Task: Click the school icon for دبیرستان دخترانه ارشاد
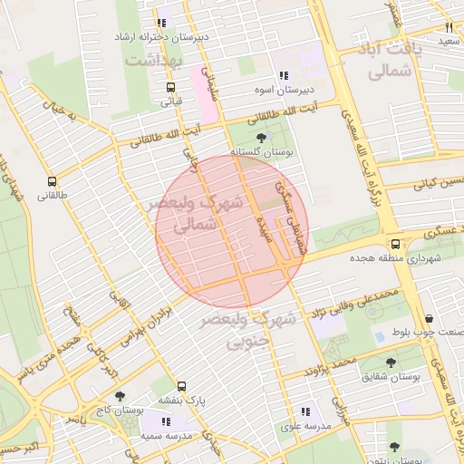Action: click(160, 23)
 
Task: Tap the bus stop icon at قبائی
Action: click(170, 87)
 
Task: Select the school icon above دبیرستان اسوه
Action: click(284, 76)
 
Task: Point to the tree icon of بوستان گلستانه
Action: click(262, 137)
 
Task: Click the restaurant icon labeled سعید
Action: click(449, 27)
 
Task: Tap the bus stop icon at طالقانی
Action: click(52, 180)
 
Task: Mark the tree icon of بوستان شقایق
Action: click(391, 362)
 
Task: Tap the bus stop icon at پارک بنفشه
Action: click(182, 385)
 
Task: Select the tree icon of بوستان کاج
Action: click(120, 396)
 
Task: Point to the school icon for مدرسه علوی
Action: click(304, 411)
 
